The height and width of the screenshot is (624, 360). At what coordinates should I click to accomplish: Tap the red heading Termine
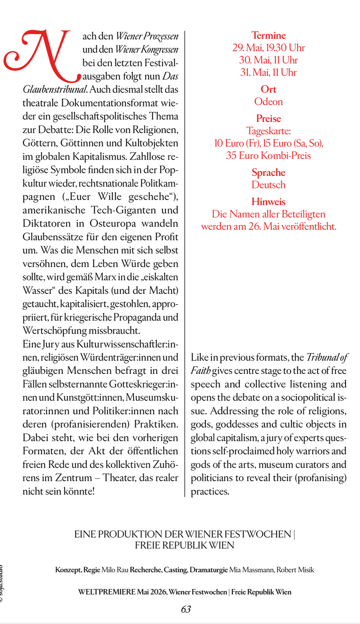pos(269,35)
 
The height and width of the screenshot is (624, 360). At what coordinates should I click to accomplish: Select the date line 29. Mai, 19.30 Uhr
pos(268,48)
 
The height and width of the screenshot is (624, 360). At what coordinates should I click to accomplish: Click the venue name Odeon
pos(268,102)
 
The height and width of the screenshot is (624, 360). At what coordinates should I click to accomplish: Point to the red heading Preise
pos(268,119)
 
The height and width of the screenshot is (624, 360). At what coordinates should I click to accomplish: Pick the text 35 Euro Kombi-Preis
pos(268,155)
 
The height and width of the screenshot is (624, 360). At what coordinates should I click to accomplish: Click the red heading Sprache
pos(268,173)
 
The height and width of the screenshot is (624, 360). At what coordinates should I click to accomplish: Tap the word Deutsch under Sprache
pos(268,185)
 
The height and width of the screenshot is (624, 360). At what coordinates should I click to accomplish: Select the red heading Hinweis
pos(268,202)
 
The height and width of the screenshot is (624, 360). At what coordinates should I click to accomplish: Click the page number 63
pos(186,609)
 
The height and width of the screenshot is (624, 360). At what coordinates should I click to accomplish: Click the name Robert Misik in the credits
pos(295,570)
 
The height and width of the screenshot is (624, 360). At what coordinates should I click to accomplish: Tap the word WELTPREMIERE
pos(107,592)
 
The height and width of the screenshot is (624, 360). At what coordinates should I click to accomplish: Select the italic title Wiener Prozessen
pos(147,36)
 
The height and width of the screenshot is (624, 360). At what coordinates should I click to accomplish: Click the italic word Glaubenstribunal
pos(55,90)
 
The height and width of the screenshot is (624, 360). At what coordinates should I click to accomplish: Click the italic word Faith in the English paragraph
pos(200,371)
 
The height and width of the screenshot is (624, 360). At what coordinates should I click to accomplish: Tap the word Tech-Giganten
pos(124,210)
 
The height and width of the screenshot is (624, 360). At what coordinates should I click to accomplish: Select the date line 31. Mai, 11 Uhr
pos(268,72)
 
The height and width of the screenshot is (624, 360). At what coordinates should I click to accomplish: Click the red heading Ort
pos(268,89)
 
